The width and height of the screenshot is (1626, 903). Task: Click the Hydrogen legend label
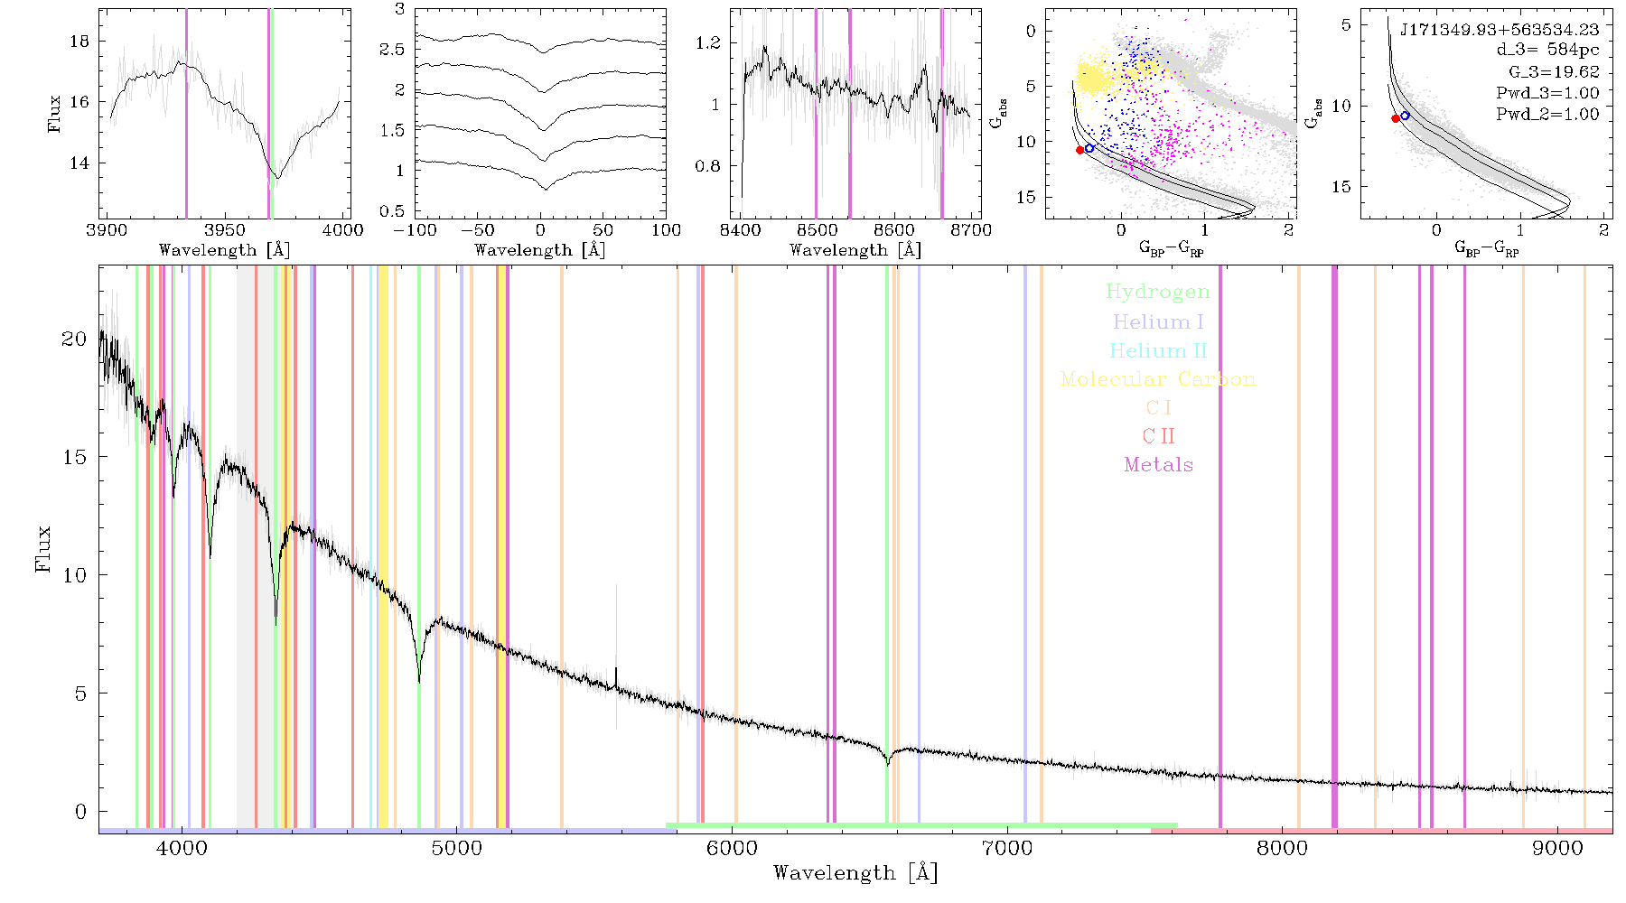coord(1157,293)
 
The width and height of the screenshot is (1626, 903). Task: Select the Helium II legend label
coord(1157,350)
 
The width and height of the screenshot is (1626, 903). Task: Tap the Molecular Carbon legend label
coord(1158,379)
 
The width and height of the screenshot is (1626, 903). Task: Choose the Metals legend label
coord(1158,465)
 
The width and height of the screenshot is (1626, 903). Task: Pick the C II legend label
coord(1158,436)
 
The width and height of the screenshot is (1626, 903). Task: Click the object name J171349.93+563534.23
coord(1500,30)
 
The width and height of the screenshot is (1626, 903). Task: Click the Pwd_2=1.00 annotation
coord(1547,115)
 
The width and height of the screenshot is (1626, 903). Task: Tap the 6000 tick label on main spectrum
coord(732,848)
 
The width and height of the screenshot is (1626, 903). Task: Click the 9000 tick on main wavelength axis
coord(1557,848)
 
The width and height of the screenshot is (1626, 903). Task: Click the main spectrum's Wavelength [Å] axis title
coord(855,873)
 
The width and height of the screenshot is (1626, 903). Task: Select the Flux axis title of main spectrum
coord(42,548)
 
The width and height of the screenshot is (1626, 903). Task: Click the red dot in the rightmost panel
coord(1396,118)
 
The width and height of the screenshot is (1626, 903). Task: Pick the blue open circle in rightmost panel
coord(1405,116)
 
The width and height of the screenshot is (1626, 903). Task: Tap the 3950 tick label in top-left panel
coord(225,230)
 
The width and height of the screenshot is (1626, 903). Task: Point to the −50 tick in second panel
coord(482,230)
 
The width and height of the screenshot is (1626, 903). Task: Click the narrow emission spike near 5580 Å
coord(616,677)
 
